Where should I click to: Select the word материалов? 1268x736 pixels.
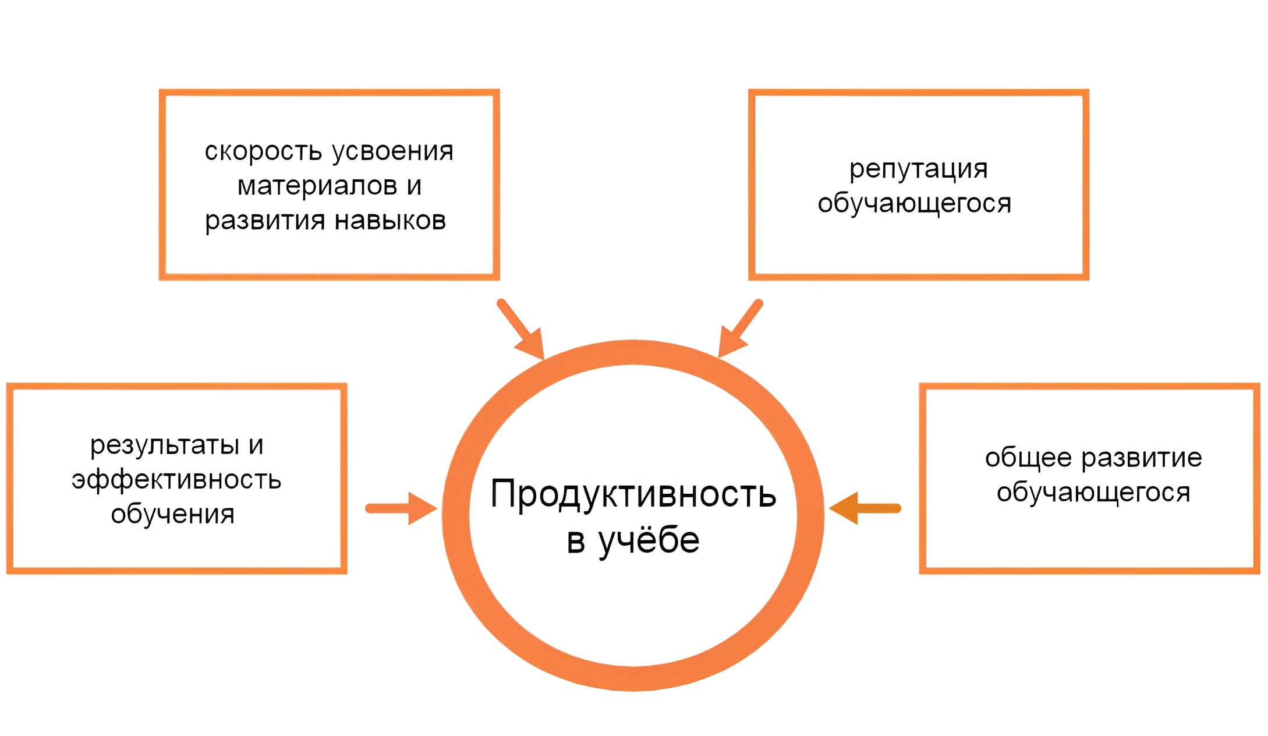tap(317, 186)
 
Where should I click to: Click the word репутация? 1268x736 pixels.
tap(919, 169)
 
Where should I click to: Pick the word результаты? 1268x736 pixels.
tap(165, 446)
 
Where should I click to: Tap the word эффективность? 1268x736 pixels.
tap(176, 480)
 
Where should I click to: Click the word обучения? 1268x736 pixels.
tap(173, 514)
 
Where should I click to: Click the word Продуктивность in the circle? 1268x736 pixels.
tap(633, 494)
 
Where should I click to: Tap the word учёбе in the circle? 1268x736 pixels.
tap(649, 540)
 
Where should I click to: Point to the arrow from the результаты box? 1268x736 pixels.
tap(402, 508)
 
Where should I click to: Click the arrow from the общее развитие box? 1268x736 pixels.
tap(865, 508)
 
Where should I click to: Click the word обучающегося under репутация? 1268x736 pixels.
tap(914, 204)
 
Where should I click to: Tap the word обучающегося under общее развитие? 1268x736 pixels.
tap(1093, 493)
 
